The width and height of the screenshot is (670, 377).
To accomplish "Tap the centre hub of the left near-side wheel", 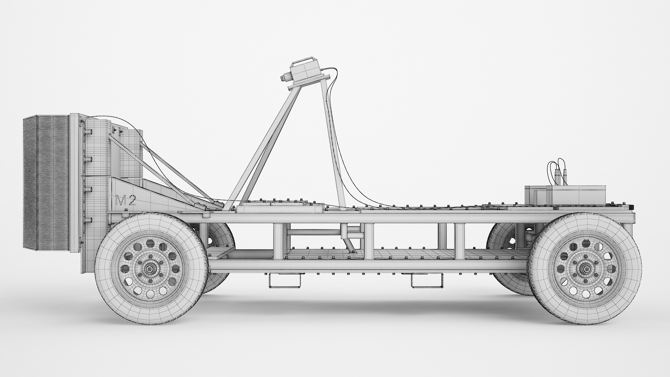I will tap(150, 269).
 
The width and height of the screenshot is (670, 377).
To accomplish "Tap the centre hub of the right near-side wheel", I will tap(585, 269).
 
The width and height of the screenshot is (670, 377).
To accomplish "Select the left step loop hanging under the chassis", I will tap(285, 281).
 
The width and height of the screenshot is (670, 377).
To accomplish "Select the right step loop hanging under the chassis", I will tap(427, 281).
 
